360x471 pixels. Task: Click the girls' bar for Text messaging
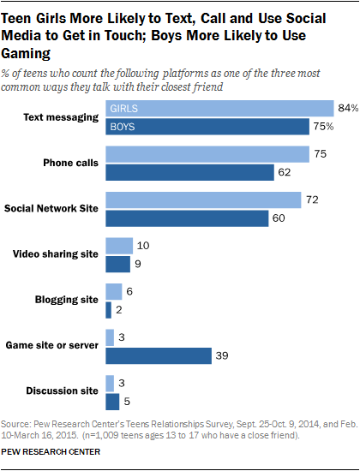[219, 109]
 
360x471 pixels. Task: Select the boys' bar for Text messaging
[207, 128]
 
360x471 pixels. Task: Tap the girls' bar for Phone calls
[207, 154]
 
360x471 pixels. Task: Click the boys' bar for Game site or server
[158, 355]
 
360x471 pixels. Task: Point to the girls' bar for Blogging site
[112, 291]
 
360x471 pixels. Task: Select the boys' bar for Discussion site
[111, 401]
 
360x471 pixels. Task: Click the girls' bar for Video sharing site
[118, 246]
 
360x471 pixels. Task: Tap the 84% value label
[345, 109]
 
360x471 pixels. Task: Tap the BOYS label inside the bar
[125, 128]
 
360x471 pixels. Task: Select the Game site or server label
[54, 346]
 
